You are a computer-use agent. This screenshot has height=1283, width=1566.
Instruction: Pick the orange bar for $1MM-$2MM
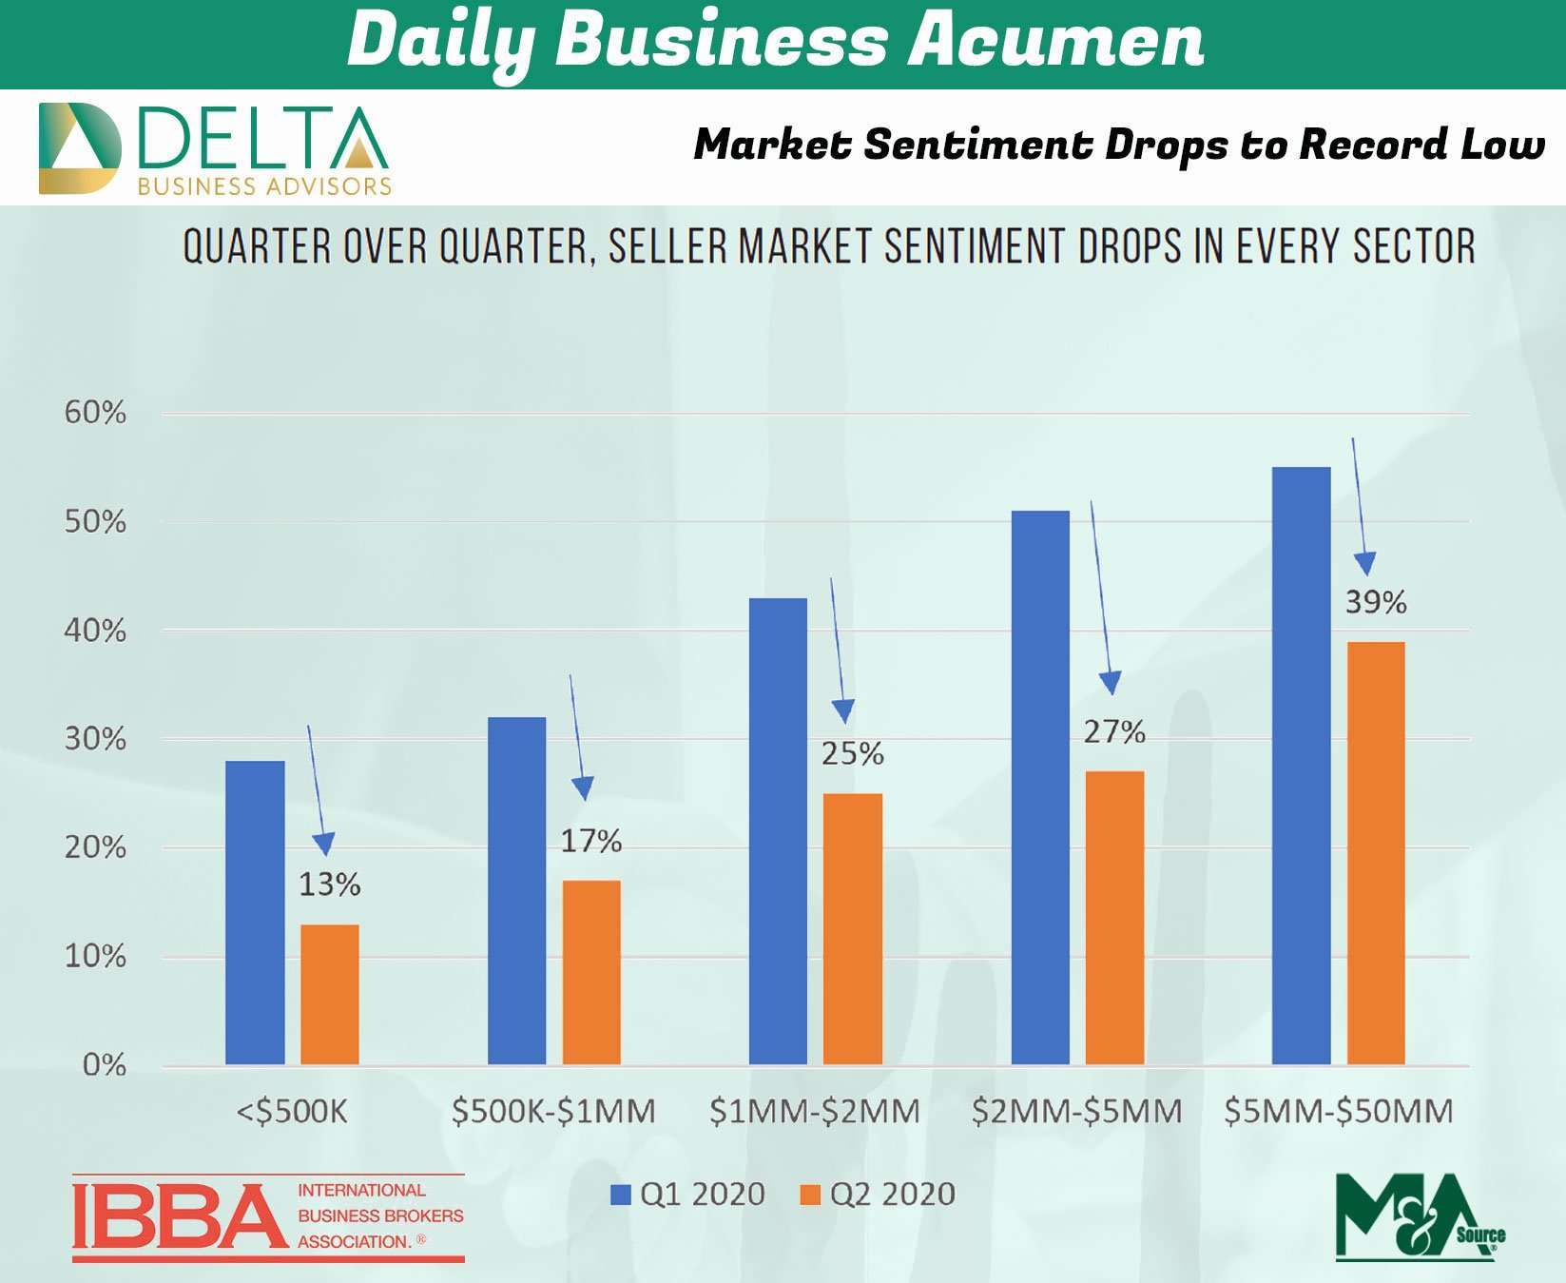point(852,927)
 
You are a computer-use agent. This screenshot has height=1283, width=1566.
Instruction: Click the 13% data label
point(329,884)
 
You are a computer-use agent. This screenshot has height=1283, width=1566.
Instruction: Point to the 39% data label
point(1375,602)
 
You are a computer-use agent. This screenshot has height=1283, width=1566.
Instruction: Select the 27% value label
point(1114,731)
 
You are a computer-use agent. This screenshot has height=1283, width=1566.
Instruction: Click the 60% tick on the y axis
point(95,413)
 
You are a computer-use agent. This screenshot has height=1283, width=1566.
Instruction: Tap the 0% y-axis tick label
point(104,1064)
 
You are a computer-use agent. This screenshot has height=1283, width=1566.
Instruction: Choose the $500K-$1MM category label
point(553,1111)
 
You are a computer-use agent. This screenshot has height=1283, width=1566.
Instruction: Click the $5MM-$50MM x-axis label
point(1338,1111)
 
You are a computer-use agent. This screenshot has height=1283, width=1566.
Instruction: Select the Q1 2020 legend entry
point(687,1195)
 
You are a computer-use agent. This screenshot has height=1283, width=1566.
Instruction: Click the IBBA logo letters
point(180,1216)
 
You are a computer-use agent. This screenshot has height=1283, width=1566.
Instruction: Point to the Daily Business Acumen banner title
point(775,42)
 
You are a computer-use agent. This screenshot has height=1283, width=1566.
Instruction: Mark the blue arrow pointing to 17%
point(577,738)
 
